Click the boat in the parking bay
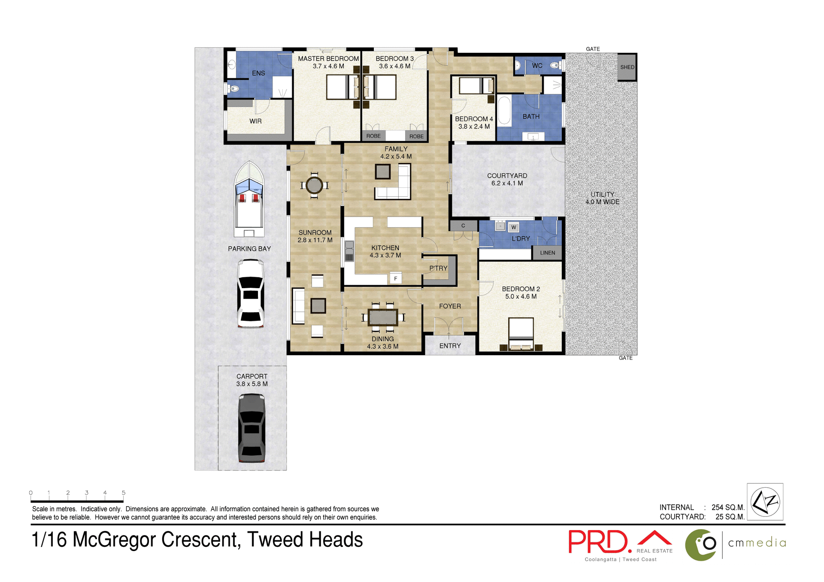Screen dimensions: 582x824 [x=249, y=199]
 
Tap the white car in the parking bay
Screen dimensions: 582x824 [x=251, y=294]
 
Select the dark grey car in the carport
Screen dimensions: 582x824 [x=251, y=428]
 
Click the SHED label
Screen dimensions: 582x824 [x=627, y=67]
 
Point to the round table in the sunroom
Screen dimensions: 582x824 [x=314, y=185]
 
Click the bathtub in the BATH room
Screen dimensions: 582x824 [x=504, y=111]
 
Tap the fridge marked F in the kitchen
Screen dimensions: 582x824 [x=395, y=278]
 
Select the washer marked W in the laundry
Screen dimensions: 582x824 [x=514, y=227]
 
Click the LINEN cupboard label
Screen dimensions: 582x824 [x=547, y=253]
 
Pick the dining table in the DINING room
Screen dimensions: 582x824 [x=383, y=317]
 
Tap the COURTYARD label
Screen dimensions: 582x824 [x=507, y=176]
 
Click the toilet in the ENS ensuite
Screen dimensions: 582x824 [x=233, y=89]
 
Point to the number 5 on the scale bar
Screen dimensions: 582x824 [x=124, y=493]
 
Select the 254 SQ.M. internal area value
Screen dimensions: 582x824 [x=728, y=507]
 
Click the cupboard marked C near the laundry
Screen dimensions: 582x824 [x=463, y=226]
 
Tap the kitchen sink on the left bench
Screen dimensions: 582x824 [x=349, y=251]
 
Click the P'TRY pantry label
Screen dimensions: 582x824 [x=438, y=268]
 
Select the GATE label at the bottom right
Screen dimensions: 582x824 [x=625, y=358]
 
